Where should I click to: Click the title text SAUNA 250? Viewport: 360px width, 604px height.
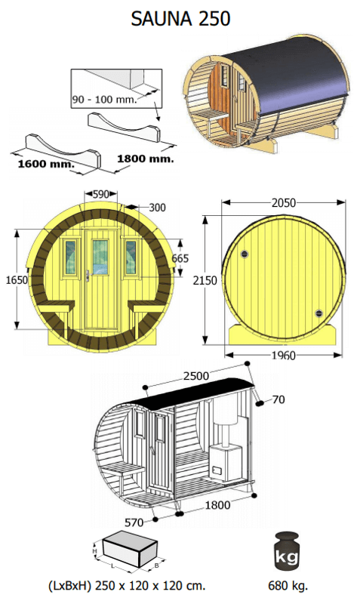click(180, 17)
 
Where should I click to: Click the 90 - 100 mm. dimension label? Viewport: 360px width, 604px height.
click(105, 100)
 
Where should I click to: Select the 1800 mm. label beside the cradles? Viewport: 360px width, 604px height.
click(146, 159)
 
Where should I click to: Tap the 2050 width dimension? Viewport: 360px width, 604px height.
click(284, 202)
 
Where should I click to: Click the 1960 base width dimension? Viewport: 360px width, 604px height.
click(284, 355)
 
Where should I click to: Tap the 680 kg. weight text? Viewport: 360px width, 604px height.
click(287, 585)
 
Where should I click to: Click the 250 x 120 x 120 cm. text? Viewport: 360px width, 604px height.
click(126, 585)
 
